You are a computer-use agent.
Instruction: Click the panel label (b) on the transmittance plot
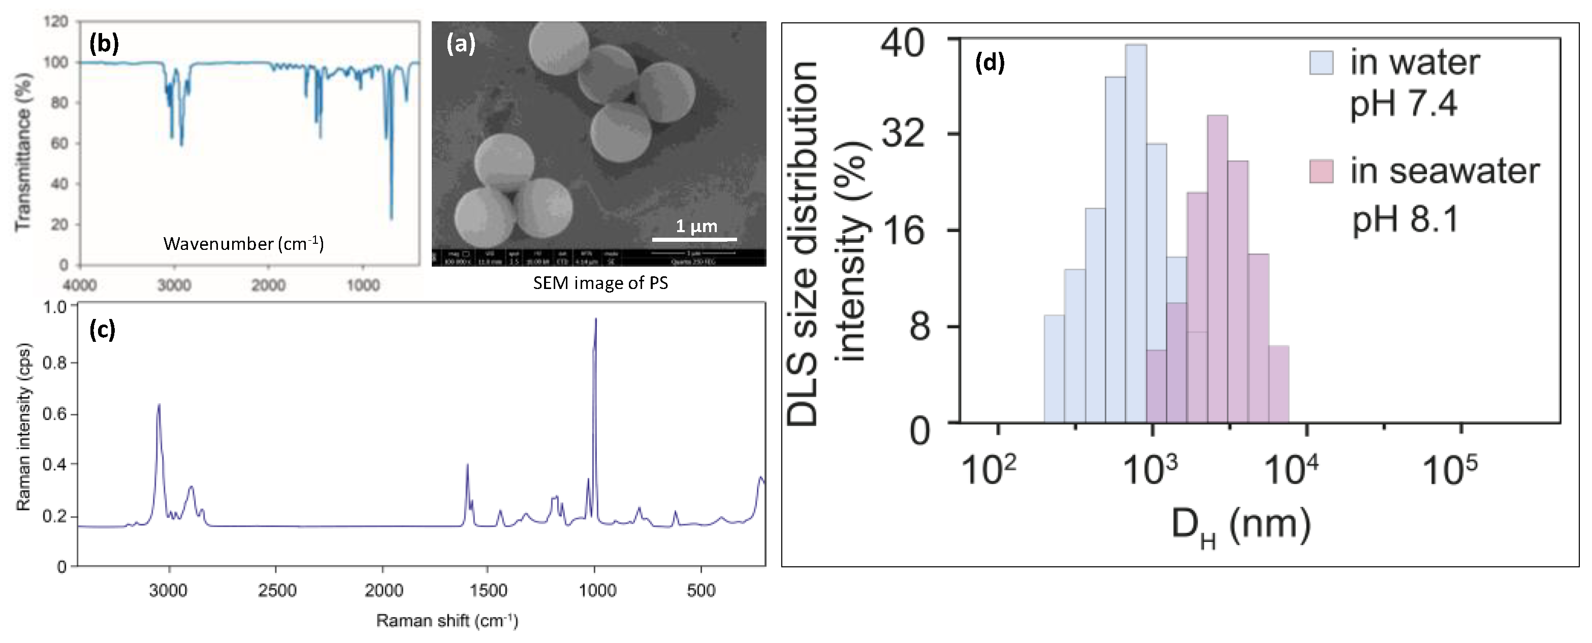(x=104, y=45)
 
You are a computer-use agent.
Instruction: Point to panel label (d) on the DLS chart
(x=990, y=62)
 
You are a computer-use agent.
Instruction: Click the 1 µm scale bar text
(x=696, y=226)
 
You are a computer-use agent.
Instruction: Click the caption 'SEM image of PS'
(x=600, y=283)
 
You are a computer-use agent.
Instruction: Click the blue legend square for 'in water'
(x=1321, y=62)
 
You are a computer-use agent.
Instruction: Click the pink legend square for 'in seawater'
(x=1321, y=171)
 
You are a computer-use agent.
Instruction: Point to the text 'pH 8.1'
(x=1406, y=219)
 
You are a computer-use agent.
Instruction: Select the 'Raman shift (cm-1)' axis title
(x=447, y=620)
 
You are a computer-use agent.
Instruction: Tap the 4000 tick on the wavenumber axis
(x=80, y=285)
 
